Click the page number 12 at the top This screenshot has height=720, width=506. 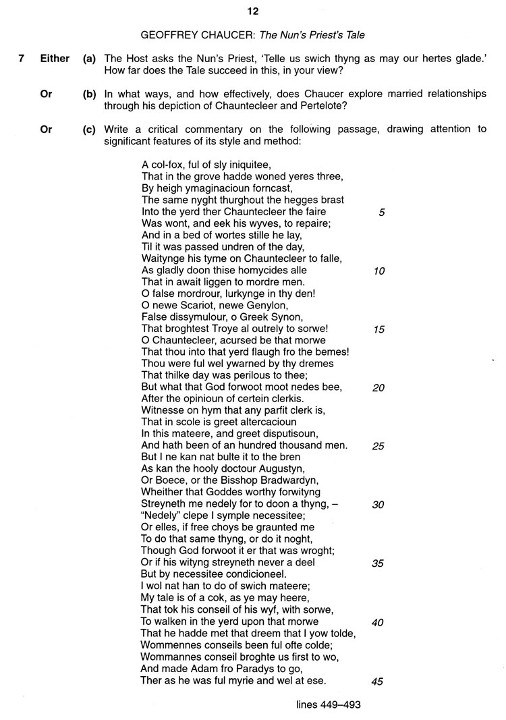[252, 11]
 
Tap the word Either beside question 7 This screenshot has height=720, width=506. [55, 59]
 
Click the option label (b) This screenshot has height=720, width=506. [90, 94]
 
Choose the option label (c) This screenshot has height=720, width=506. [90, 129]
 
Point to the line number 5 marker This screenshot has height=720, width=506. [381, 212]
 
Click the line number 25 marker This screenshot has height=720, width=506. [378, 446]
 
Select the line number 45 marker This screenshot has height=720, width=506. [378, 682]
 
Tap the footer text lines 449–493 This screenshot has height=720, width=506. [329, 705]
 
